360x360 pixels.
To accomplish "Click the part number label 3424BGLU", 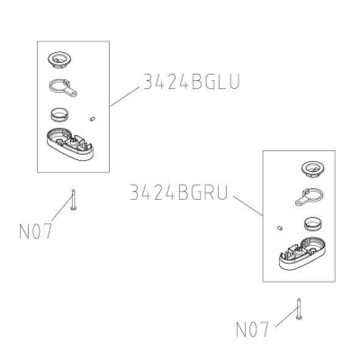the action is point(192,82).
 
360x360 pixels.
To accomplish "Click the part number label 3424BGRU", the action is point(179,193).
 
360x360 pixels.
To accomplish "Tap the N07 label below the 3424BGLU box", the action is point(35,231).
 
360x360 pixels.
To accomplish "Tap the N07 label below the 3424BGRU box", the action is point(252,329).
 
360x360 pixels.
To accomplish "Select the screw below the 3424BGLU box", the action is point(73,200).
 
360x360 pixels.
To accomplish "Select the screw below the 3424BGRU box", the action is point(299,309).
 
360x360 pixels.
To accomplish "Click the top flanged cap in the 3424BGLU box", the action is point(60,59).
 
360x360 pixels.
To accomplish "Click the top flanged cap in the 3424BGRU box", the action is point(313,169).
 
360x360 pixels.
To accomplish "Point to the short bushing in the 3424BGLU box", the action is point(59,114).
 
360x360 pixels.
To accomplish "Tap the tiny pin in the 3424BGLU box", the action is point(92,119).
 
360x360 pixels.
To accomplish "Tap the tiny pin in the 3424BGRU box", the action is point(280,228).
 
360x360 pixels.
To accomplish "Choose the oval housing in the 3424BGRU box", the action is point(302,254).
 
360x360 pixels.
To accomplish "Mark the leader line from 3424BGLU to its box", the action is point(124,96).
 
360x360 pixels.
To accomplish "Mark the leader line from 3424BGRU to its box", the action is point(248,206).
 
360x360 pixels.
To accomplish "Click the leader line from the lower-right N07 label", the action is point(287,318).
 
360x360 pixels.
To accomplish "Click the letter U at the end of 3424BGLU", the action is point(234,82).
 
